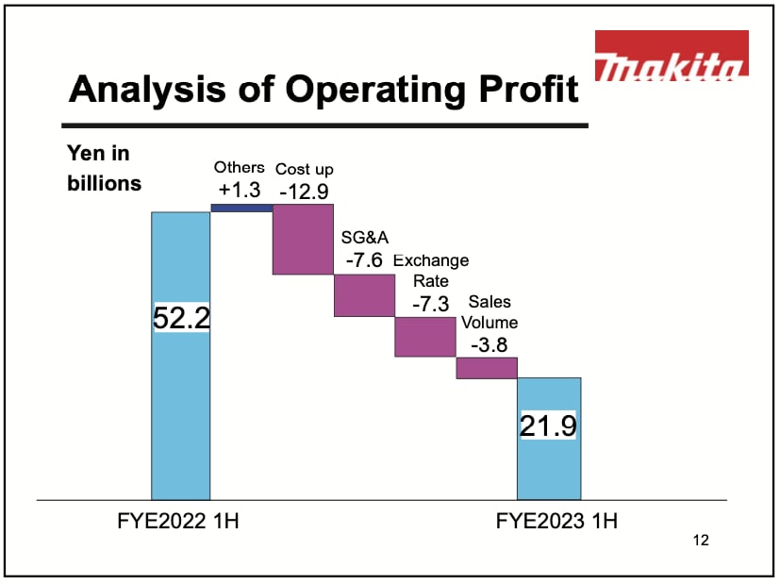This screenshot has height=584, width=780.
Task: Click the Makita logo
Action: click(672, 55)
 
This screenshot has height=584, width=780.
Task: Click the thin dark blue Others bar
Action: click(241, 208)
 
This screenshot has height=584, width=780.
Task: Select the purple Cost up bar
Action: click(303, 239)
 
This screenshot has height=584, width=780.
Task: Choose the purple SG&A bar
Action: click(364, 294)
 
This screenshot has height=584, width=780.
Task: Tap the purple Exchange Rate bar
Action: click(425, 336)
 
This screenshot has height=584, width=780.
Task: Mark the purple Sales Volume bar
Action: click(487, 367)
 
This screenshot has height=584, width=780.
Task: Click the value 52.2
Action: click(180, 318)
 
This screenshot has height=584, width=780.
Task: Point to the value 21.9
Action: click(548, 425)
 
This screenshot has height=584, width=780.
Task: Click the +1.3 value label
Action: click(239, 190)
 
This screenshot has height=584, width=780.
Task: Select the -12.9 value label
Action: click(304, 192)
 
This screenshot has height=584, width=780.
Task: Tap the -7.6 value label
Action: click(363, 260)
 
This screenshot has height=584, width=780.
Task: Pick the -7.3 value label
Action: click(430, 304)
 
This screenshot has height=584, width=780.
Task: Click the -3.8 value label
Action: click(490, 344)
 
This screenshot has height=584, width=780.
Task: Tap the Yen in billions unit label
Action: click(104, 168)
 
